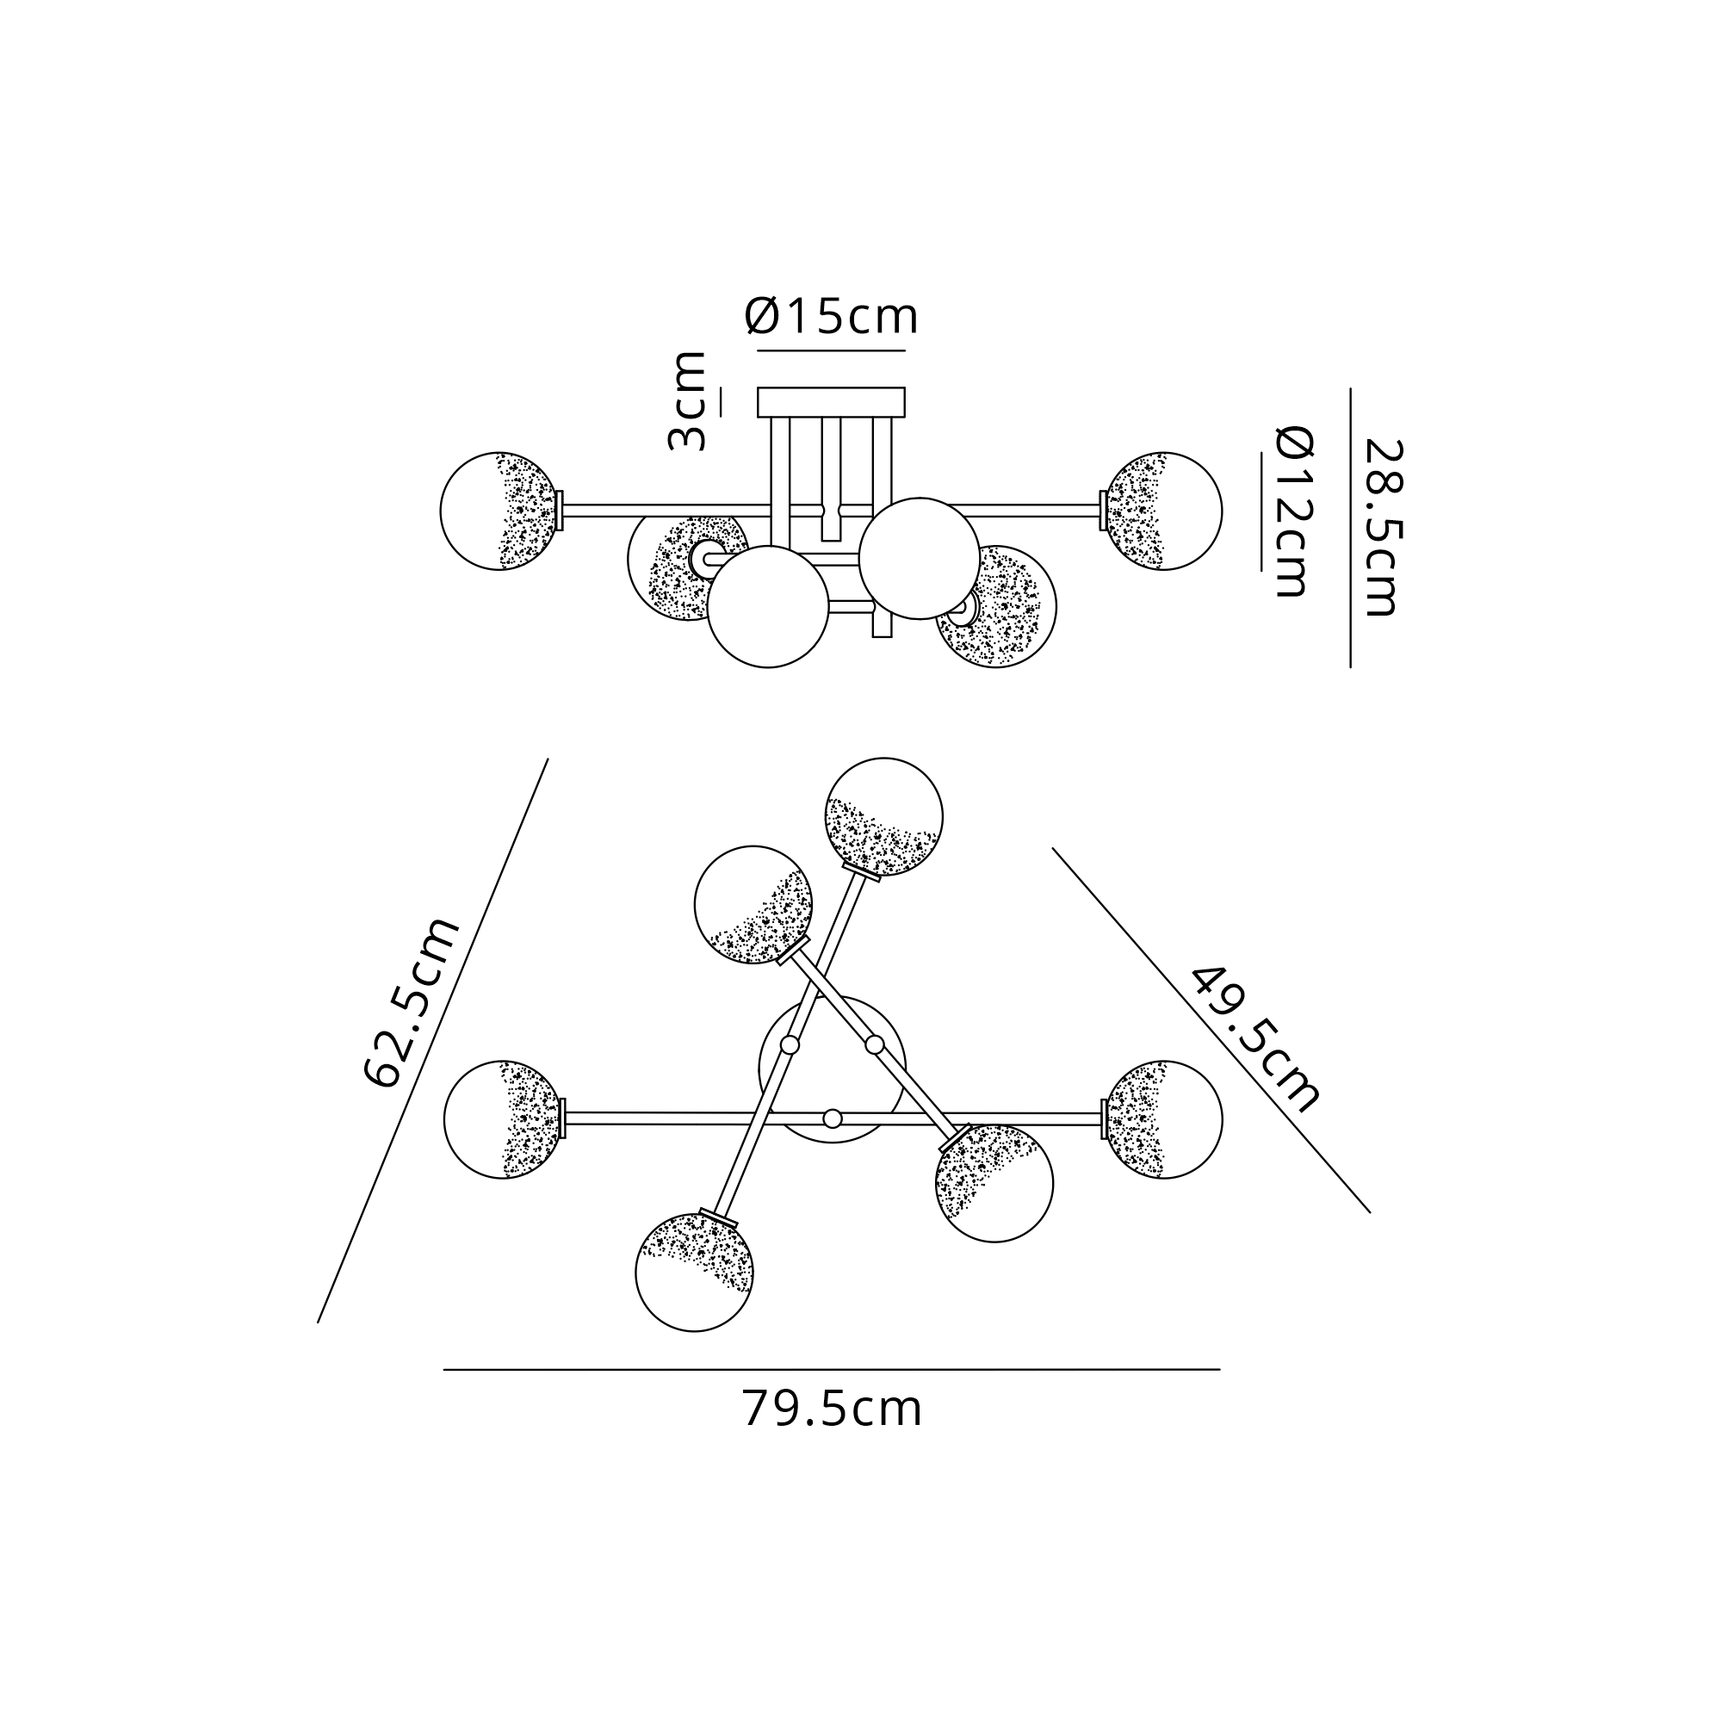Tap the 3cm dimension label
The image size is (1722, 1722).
687,401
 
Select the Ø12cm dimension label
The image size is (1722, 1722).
1294,511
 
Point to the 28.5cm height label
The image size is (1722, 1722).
1383,528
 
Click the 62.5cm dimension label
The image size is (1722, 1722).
412,1002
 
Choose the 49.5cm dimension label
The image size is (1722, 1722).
1255,1039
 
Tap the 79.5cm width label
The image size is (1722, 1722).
832,1409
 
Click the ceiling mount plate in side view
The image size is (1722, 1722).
831,402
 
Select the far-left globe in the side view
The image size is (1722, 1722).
500,511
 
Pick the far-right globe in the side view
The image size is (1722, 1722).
1163,511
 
